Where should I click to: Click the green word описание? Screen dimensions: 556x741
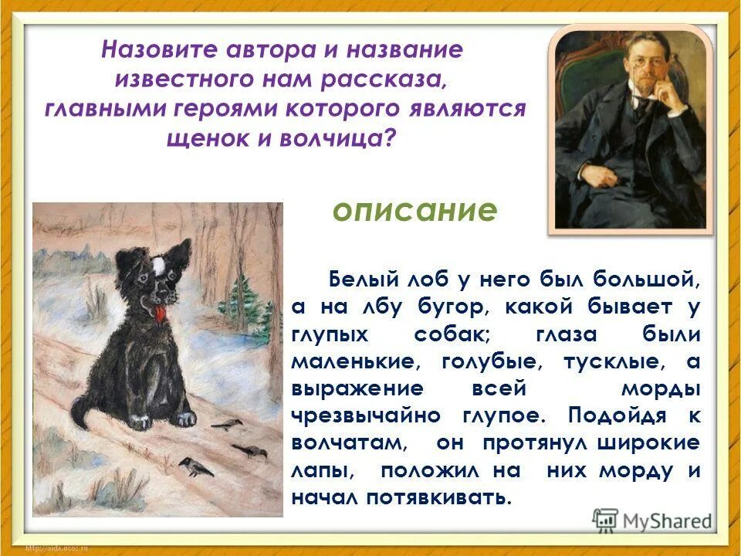coord(414,210)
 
